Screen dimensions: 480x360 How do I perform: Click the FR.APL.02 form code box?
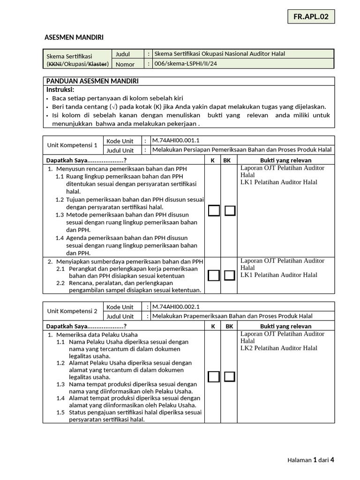[x=311, y=17]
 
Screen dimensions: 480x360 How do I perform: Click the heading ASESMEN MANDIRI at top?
[x=74, y=37]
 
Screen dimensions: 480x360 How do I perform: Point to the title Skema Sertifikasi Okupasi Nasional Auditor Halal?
[x=219, y=54]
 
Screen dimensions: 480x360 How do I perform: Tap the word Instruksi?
[x=60, y=90]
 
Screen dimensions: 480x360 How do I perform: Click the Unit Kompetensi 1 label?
[x=73, y=145]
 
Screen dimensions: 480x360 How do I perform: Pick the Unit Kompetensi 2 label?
[x=73, y=311]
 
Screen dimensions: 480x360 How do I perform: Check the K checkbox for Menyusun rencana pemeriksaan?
[x=214, y=210]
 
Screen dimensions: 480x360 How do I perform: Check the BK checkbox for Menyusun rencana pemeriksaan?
[x=230, y=210]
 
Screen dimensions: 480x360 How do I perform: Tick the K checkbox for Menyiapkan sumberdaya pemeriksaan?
[x=214, y=275]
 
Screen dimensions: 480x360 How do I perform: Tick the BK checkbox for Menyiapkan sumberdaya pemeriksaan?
[x=230, y=275]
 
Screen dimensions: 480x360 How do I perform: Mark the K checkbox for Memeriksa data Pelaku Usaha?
[x=214, y=376]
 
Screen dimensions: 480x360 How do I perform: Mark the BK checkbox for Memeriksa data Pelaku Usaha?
[x=230, y=376]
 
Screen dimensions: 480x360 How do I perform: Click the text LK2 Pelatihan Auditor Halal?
[x=278, y=348]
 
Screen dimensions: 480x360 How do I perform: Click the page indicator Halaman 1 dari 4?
[x=311, y=460]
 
